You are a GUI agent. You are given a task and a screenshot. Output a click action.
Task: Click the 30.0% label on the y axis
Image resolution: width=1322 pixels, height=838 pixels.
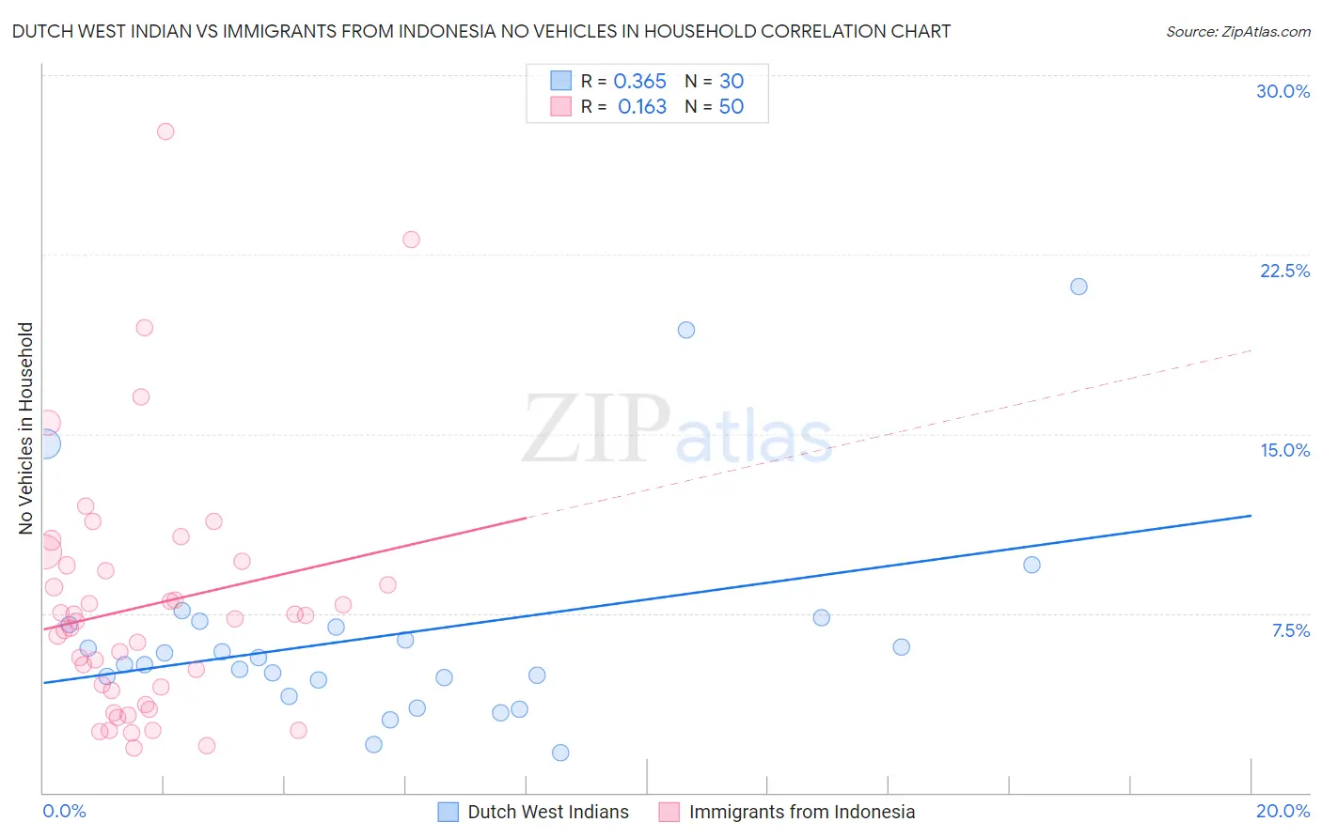coord(1283,91)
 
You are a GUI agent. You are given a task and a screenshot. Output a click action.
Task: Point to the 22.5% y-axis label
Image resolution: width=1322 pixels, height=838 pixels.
coord(1284,271)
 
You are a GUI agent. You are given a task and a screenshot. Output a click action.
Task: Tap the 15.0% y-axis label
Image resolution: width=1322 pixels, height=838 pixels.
coord(1284,450)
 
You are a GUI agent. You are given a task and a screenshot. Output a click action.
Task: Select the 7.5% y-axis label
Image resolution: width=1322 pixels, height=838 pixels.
coord(1290,630)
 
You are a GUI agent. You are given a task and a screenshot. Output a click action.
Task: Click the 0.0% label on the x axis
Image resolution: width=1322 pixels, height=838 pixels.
coord(64,811)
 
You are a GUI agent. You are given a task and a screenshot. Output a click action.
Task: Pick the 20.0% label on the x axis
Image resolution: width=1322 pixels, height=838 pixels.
coord(1283,811)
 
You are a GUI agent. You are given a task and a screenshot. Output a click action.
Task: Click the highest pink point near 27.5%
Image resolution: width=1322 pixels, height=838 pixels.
coord(165,132)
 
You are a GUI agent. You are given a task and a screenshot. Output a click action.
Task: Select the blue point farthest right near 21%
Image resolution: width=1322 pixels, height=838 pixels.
coord(1078,287)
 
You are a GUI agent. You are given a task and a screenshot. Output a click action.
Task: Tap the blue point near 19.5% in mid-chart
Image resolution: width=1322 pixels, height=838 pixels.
coord(686,330)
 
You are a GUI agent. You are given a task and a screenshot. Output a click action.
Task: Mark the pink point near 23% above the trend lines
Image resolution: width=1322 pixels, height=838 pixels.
coord(411,240)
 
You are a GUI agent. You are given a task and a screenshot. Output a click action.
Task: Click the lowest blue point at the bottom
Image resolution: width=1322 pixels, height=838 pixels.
coord(560,753)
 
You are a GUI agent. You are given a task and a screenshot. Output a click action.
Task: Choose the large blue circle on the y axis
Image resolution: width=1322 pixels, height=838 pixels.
coord(44,444)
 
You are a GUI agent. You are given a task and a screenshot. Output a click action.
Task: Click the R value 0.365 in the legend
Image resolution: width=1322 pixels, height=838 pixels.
coord(639,82)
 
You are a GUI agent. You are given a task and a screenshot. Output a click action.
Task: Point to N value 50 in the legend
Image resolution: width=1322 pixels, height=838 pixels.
coord(731,107)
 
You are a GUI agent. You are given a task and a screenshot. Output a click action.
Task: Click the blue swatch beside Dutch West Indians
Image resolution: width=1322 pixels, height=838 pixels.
coord(449,812)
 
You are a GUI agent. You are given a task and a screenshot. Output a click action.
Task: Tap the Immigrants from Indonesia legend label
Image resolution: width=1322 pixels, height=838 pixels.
coord(801,812)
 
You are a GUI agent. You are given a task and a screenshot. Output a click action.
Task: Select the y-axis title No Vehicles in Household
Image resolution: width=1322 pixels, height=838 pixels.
coord(26,428)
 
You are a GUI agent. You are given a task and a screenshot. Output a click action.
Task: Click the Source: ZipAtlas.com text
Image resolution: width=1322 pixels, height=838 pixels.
coord(1237,32)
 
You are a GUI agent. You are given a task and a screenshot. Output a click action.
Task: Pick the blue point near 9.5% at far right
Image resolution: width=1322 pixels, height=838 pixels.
coord(1031,565)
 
